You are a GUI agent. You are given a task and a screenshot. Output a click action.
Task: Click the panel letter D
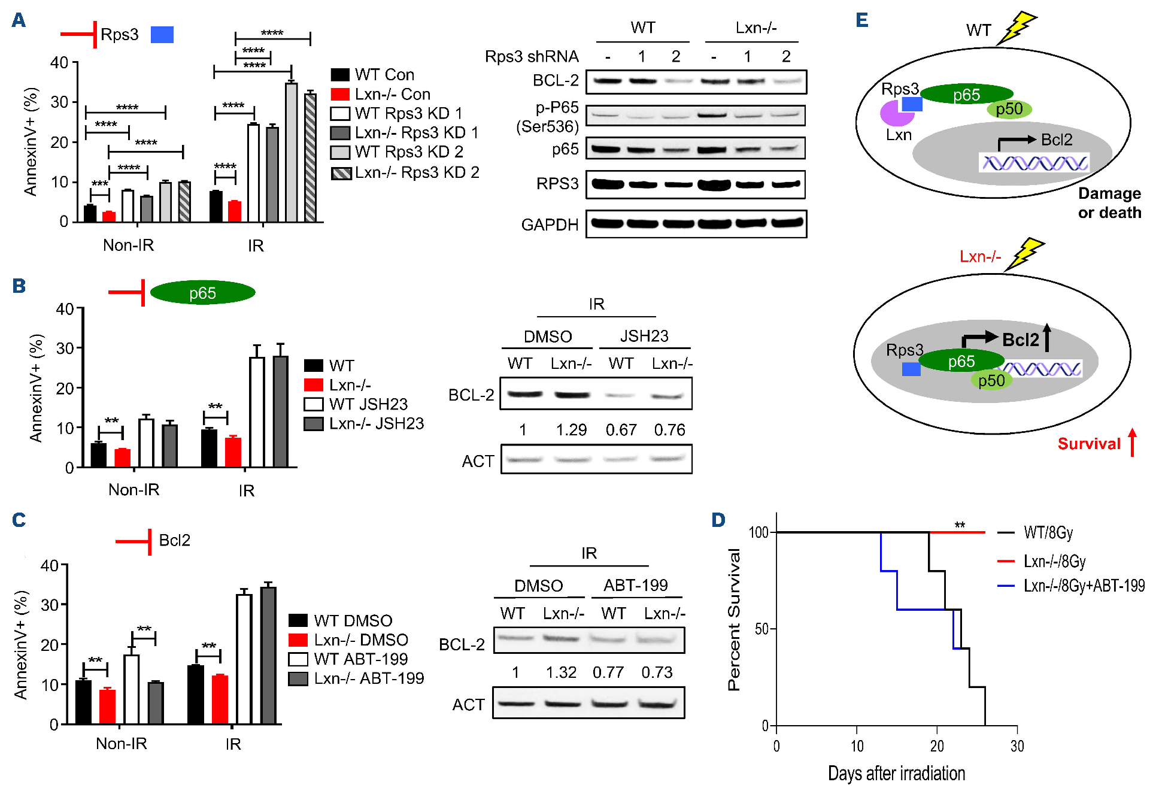tap(718, 520)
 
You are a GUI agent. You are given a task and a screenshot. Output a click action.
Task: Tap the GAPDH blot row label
tap(550, 225)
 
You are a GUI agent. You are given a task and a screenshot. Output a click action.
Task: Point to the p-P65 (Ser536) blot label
tap(548, 117)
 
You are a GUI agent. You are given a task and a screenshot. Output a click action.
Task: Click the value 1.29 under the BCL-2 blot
tap(571, 430)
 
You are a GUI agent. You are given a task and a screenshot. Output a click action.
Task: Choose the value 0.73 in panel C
tap(657, 672)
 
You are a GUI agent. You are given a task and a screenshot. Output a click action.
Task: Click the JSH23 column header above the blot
tap(644, 336)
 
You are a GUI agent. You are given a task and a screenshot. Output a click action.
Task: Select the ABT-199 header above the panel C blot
tap(636, 585)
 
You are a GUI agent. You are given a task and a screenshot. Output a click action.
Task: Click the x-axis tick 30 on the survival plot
tap(1017, 746)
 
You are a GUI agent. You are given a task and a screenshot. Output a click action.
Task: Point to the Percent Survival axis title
tap(734, 620)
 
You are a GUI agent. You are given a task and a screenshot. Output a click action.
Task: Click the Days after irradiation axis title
tap(896, 774)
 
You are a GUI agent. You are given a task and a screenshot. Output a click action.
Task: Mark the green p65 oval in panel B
tap(202, 293)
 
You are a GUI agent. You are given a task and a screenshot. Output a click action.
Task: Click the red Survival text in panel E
tap(1089, 444)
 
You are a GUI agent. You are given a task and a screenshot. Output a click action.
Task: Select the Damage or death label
tap(1109, 203)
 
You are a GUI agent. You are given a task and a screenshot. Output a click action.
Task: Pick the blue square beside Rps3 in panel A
tap(162, 35)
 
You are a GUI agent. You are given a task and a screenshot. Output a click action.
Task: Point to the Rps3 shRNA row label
tap(532, 56)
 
